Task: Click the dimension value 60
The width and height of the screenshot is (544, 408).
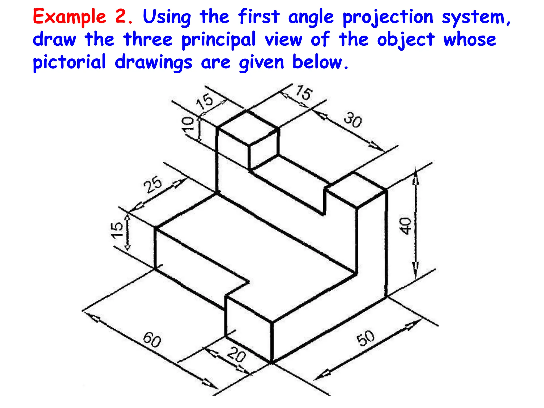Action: (152, 340)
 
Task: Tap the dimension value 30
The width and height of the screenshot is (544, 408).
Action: (353, 120)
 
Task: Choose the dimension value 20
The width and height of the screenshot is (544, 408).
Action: (236, 355)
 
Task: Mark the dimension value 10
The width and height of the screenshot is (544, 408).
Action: (188, 124)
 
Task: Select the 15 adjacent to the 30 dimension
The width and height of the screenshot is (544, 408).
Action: (304, 92)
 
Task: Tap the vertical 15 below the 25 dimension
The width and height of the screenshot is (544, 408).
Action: (117, 230)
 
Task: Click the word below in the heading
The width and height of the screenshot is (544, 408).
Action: (320, 62)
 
